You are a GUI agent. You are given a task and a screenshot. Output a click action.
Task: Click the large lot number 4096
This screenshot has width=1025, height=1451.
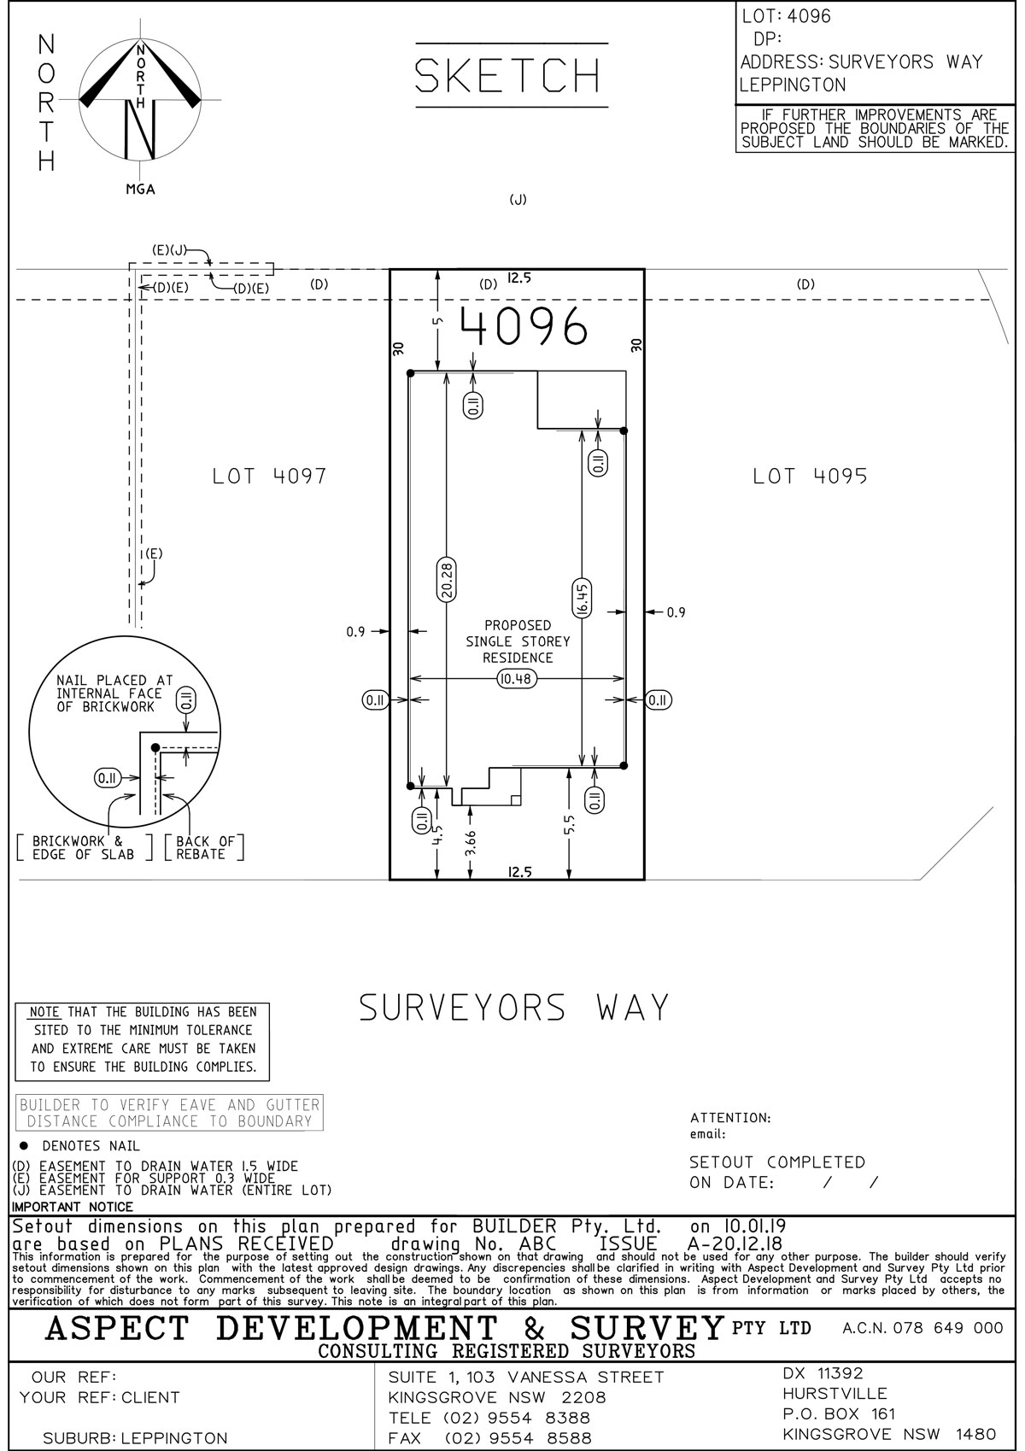click(524, 325)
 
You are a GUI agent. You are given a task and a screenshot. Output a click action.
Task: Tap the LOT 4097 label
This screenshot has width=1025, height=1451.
click(269, 477)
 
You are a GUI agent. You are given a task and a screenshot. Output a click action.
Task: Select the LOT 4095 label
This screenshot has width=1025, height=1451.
click(810, 477)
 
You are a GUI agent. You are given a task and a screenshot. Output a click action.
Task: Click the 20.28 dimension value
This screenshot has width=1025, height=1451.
click(446, 580)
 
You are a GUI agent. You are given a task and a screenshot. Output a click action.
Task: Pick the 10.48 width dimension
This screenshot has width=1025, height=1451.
click(517, 679)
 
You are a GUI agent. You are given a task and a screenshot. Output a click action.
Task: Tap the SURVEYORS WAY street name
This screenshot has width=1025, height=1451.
click(514, 1008)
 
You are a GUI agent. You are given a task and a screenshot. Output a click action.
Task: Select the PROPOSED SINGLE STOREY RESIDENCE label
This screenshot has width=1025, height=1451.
click(518, 641)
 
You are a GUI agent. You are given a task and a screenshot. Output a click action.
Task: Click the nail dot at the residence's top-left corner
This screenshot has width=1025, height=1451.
click(411, 373)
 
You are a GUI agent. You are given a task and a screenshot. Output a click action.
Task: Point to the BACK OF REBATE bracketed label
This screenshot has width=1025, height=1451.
click(203, 848)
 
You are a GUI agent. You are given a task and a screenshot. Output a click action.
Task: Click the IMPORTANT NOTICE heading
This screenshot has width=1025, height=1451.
click(72, 1207)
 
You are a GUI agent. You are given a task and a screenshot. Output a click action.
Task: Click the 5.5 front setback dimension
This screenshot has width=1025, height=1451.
click(570, 826)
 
